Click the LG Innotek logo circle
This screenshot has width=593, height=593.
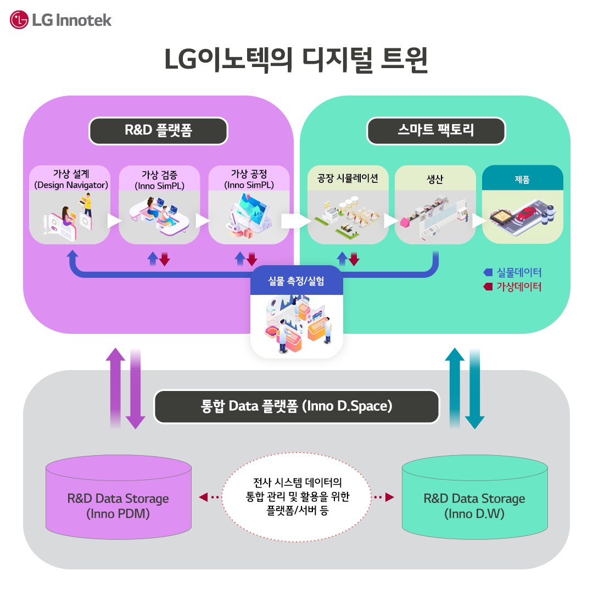(x=19, y=20)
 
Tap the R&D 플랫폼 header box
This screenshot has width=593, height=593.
(x=158, y=131)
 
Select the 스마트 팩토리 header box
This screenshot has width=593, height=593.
(x=436, y=131)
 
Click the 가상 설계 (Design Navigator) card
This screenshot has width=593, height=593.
(x=70, y=204)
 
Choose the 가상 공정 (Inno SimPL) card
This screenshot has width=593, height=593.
(x=249, y=204)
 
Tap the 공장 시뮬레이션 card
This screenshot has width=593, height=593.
(x=348, y=204)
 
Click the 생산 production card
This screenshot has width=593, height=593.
(x=435, y=204)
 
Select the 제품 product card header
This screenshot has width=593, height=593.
(x=522, y=178)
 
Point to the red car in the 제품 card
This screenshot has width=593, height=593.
(x=528, y=213)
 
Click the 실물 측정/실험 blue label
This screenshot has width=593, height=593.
(x=296, y=281)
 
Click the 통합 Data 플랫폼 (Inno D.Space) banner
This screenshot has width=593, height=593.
(x=296, y=407)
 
